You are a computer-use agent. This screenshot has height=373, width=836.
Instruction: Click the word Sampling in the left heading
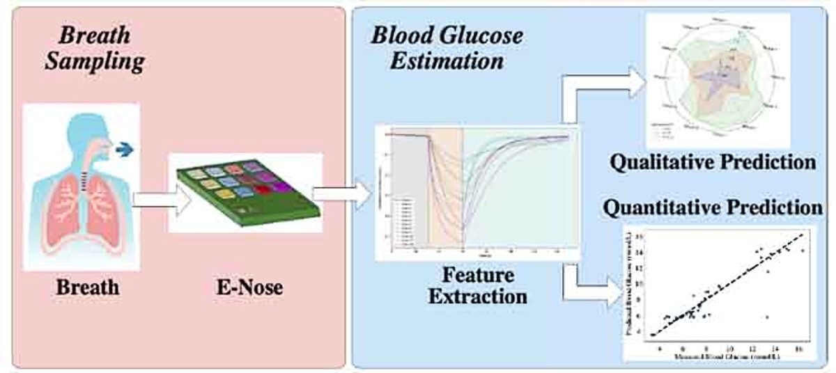click(x=94, y=61)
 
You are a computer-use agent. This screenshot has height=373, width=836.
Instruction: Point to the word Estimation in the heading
click(x=447, y=61)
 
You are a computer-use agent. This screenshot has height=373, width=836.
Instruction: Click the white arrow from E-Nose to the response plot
click(x=343, y=197)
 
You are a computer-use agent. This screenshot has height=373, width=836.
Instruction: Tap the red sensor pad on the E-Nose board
click(x=265, y=189)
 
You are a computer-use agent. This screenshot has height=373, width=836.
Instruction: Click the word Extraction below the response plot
click(x=477, y=297)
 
